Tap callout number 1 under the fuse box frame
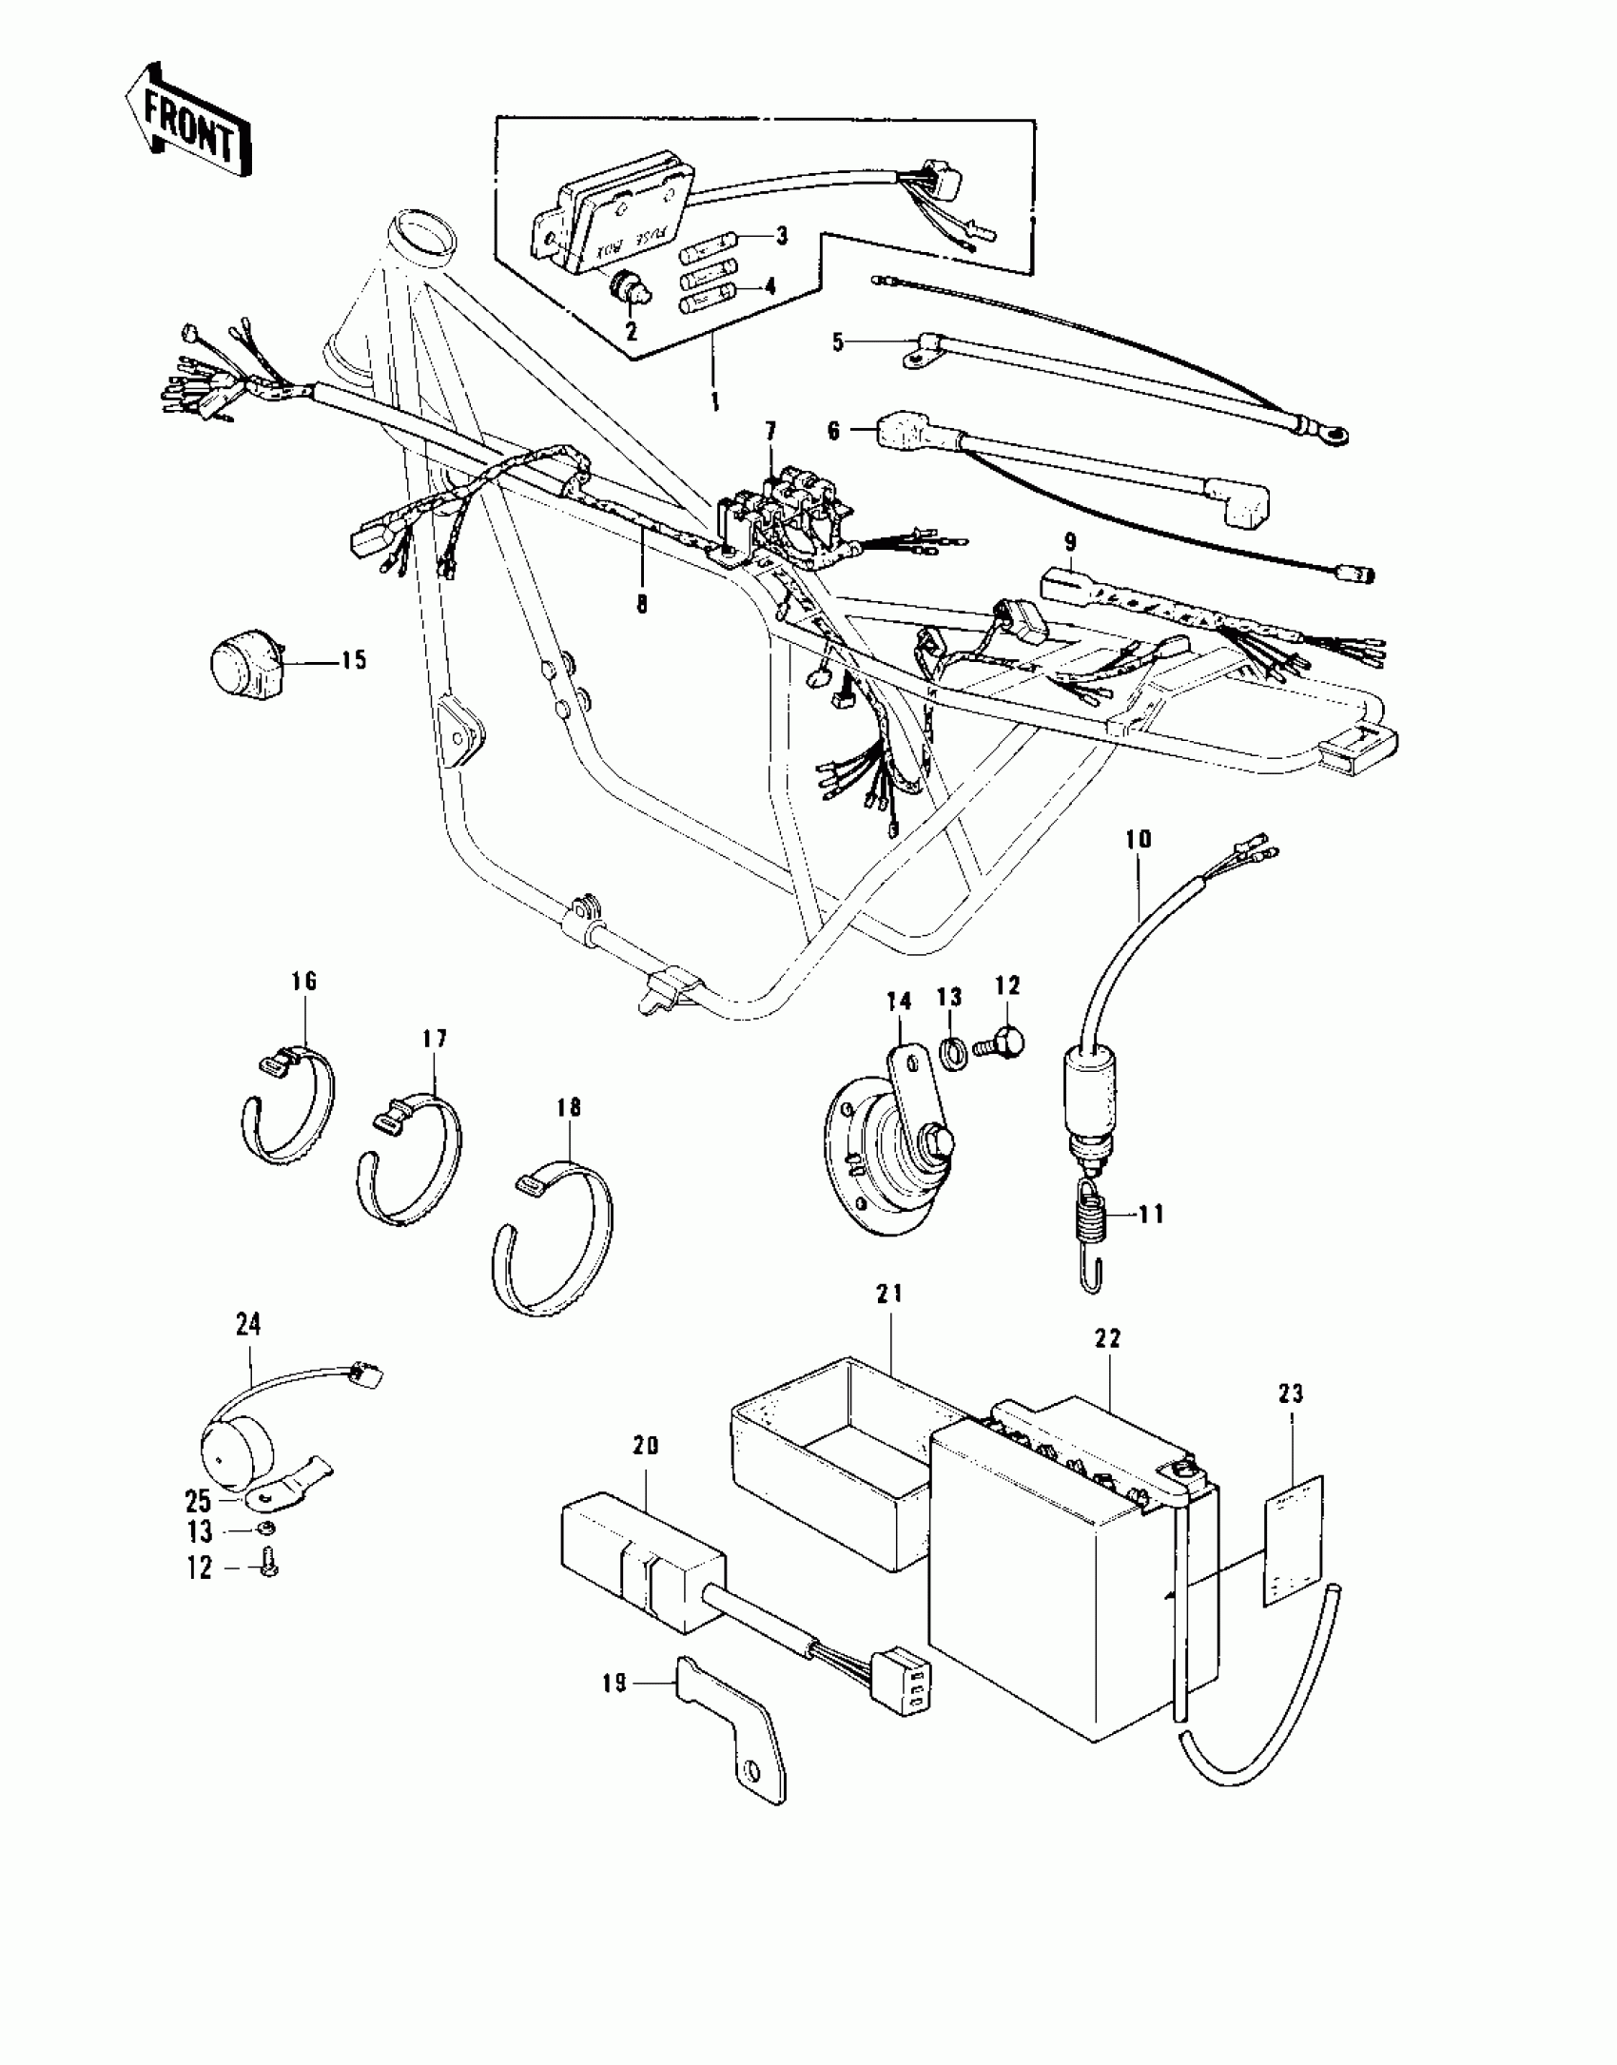715,398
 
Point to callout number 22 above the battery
1108,1338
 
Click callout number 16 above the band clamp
303,981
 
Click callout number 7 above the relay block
770,432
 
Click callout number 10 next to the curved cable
1139,839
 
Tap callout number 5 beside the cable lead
838,341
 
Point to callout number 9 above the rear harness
1070,542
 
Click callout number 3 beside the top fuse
781,235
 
